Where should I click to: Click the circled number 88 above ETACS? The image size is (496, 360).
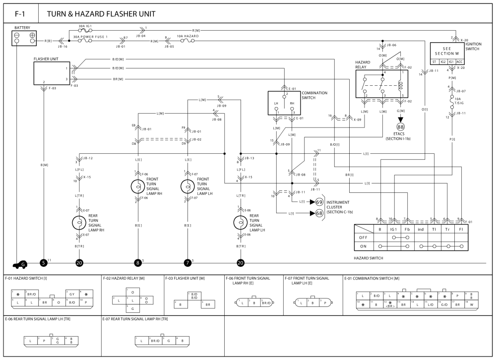[x=401, y=127]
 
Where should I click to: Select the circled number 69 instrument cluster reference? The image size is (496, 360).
[x=319, y=202]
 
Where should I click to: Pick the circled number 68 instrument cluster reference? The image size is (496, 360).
[x=319, y=213]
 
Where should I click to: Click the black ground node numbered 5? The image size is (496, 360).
[x=44, y=263]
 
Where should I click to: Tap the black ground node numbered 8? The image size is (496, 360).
[x=137, y=263]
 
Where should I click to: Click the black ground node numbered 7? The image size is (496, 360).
[x=187, y=263]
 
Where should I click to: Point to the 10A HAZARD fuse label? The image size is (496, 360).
[x=188, y=36]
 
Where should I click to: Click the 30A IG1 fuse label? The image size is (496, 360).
[x=86, y=26]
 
